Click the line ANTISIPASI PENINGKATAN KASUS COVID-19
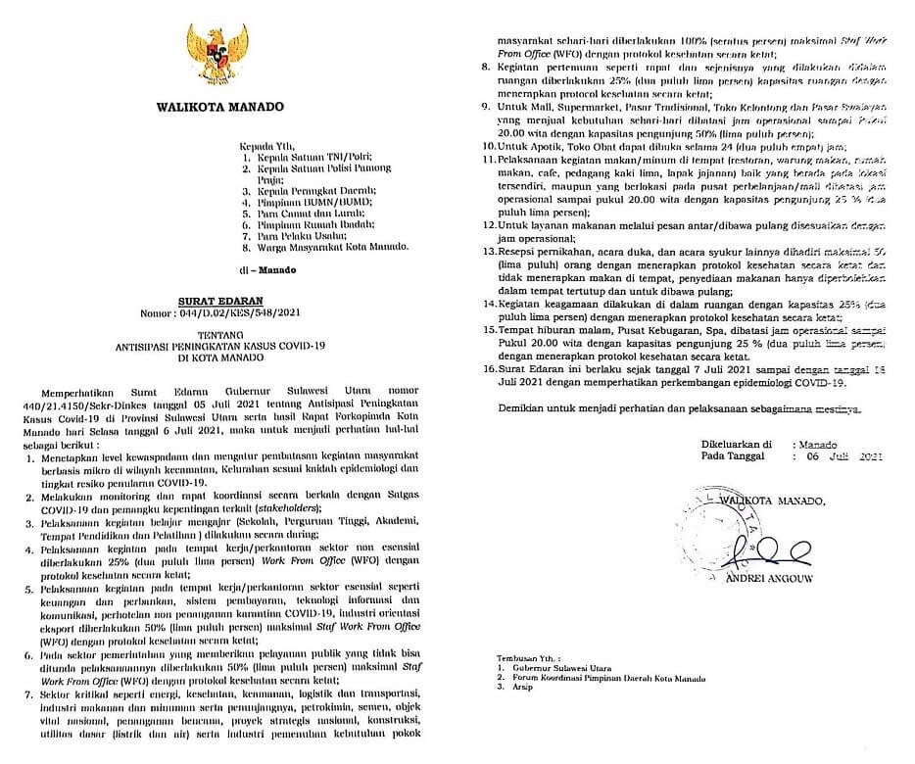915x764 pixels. tap(221, 346)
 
